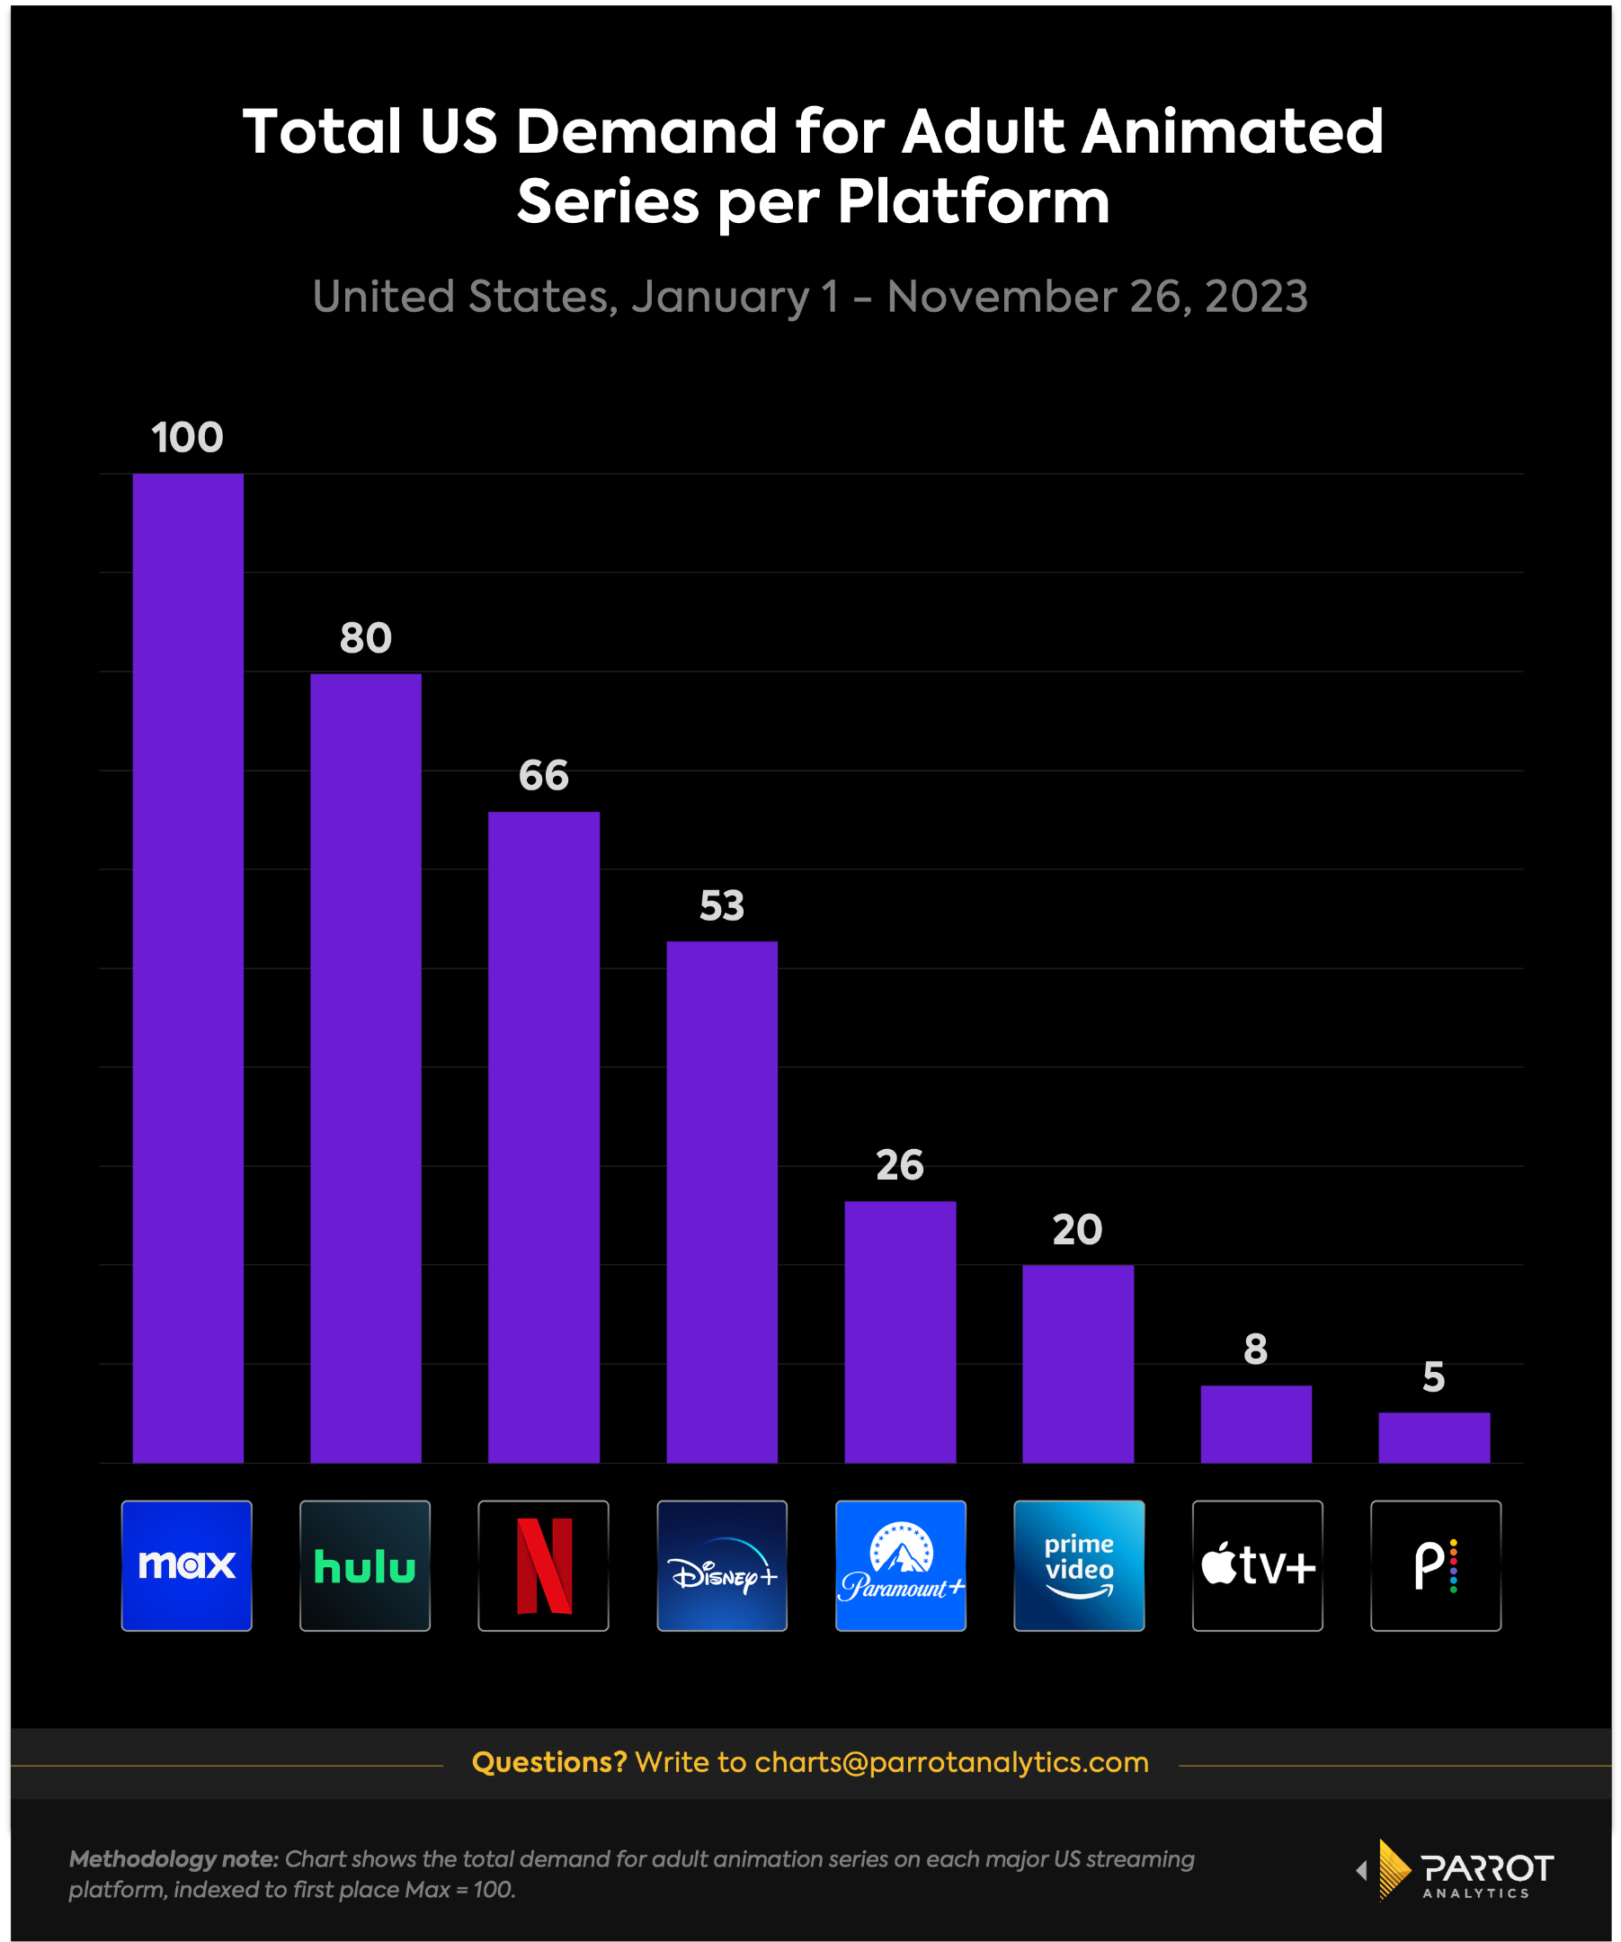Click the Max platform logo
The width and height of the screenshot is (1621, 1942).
pyautogui.click(x=187, y=1565)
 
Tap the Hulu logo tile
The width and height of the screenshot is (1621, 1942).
pyautogui.click(x=365, y=1565)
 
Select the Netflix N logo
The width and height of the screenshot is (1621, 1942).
pyautogui.click(x=544, y=1565)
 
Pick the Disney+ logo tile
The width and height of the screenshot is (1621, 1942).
pyautogui.click(x=722, y=1565)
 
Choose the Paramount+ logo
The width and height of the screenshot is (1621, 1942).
pyautogui.click(x=901, y=1565)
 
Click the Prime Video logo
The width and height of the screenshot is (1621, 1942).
pyautogui.click(x=1079, y=1565)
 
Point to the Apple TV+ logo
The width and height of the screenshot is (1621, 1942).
pyautogui.click(x=1258, y=1565)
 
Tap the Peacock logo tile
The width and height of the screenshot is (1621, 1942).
pyautogui.click(x=1436, y=1565)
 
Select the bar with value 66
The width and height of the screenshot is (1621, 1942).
pyautogui.click(x=544, y=1136)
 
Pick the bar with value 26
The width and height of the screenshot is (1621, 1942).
pyautogui.click(x=900, y=1332)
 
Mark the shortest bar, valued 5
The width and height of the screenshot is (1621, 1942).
pyautogui.click(x=1434, y=1437)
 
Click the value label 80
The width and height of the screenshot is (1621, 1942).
pyautogui.click(x=366, y=638)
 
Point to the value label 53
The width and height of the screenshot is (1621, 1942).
pyautogui.click(x=722, y=905)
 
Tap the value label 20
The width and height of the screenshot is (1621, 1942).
pyautogui.click(x=1078, y=1230)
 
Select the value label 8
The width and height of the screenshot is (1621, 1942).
pyautogui.click(x=1256, y=1350)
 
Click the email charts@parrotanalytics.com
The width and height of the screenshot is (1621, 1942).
pyautogui.click(x=951, y=1762)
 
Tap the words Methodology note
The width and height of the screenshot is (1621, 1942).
pyautogui.click(x=174, y=1858)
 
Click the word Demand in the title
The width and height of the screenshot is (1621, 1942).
pyautogui.click(x=646, y=131)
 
